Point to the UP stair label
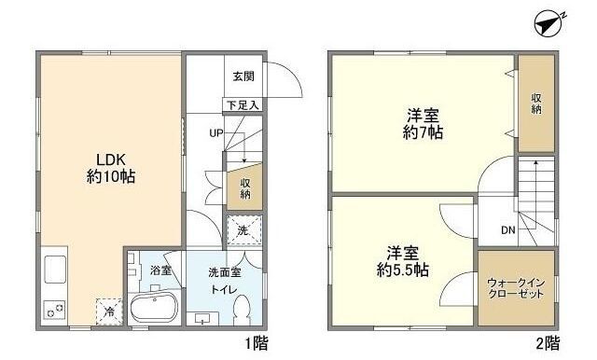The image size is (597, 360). pos(216,132)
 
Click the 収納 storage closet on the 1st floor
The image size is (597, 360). pos(244,187)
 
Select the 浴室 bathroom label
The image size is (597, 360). pos(160,270)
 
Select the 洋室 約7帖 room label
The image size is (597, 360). pos(424,123)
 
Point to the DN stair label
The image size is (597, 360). pos(508,230)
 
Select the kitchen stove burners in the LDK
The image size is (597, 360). pos(52,308)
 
